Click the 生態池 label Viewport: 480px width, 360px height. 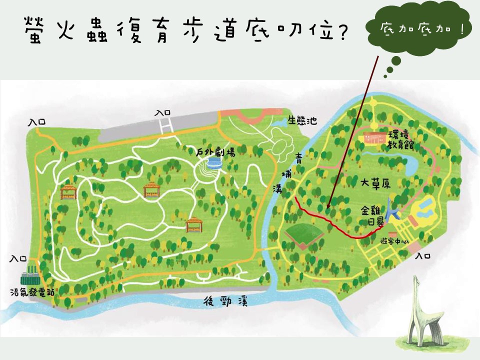[302, 120]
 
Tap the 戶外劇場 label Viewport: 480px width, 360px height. [215, 151]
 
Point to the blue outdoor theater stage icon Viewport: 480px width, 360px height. [215, 162]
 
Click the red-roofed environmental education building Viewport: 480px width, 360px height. [375, 137]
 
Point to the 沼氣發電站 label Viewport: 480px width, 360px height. [30, 291]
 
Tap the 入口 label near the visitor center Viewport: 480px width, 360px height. [423, 255]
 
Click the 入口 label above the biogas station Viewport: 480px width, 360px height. [19, 258]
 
